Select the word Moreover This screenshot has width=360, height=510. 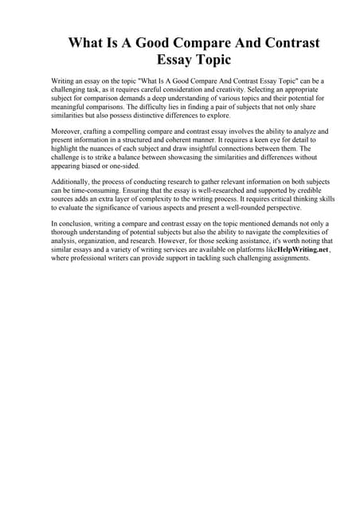coord(68,129)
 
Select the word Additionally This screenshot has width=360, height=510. coord(74,182)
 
